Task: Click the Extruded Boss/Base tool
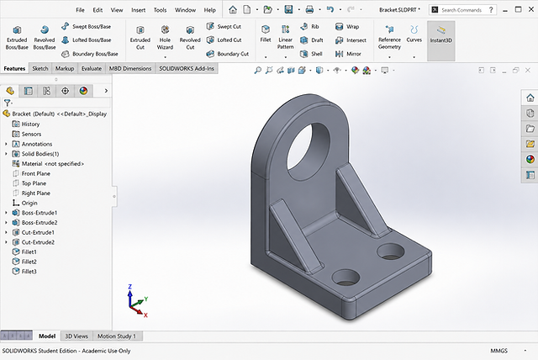17,38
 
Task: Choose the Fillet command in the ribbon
266,34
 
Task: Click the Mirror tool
348,54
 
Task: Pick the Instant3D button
441,35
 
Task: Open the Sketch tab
40,68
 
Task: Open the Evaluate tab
92,68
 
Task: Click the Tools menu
160,10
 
